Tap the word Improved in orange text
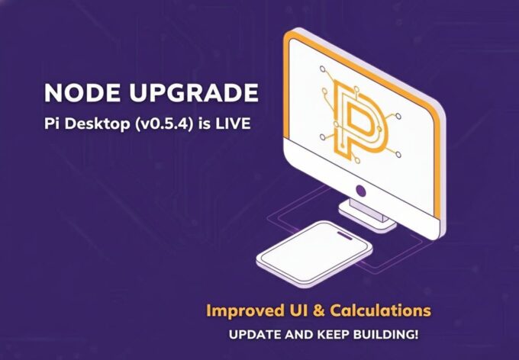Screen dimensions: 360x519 pos(240,311)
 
